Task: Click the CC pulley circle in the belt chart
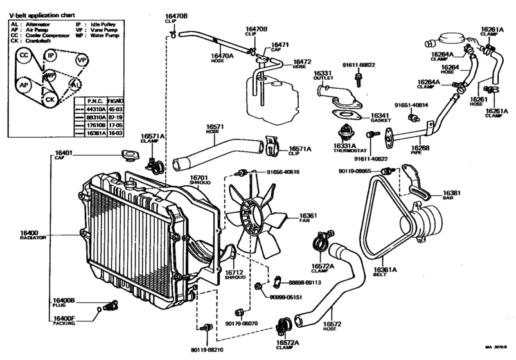[24, 56]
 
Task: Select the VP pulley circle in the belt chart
[81, 60]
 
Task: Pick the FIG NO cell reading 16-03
[117, 133]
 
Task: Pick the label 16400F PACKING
[64, 321]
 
